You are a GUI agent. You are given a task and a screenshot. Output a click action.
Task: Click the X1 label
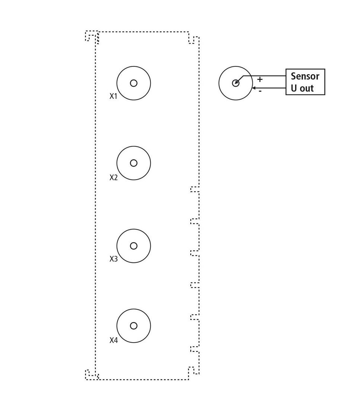coord(114,96)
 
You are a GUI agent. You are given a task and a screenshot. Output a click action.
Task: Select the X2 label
coord(114,177)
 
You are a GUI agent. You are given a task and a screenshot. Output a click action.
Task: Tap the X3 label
coord(114,259)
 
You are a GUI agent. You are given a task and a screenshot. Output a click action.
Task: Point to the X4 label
coord(114,340)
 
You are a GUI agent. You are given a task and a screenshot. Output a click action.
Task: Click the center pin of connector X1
coord(134,83)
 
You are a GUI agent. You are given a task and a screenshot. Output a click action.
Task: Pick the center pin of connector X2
coord(134,163)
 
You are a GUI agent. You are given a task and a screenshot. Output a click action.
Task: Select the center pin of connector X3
coord(134,246)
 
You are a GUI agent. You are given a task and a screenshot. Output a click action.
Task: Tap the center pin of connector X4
coord(134,326)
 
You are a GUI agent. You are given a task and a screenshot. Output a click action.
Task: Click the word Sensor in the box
coord(305,76)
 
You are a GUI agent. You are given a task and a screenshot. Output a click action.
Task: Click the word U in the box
coord(294,88)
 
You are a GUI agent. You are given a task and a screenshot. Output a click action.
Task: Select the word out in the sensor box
coord(306,88)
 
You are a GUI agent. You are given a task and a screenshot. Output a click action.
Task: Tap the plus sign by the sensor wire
coord(260,79)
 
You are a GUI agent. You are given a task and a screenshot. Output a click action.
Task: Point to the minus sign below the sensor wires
coord(260,91)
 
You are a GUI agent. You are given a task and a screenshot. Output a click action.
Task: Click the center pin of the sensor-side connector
coord(236,83)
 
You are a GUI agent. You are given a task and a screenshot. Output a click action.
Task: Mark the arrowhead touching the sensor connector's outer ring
coord(254,88)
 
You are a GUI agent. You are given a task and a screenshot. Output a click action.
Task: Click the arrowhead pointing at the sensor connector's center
coord(237,82)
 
